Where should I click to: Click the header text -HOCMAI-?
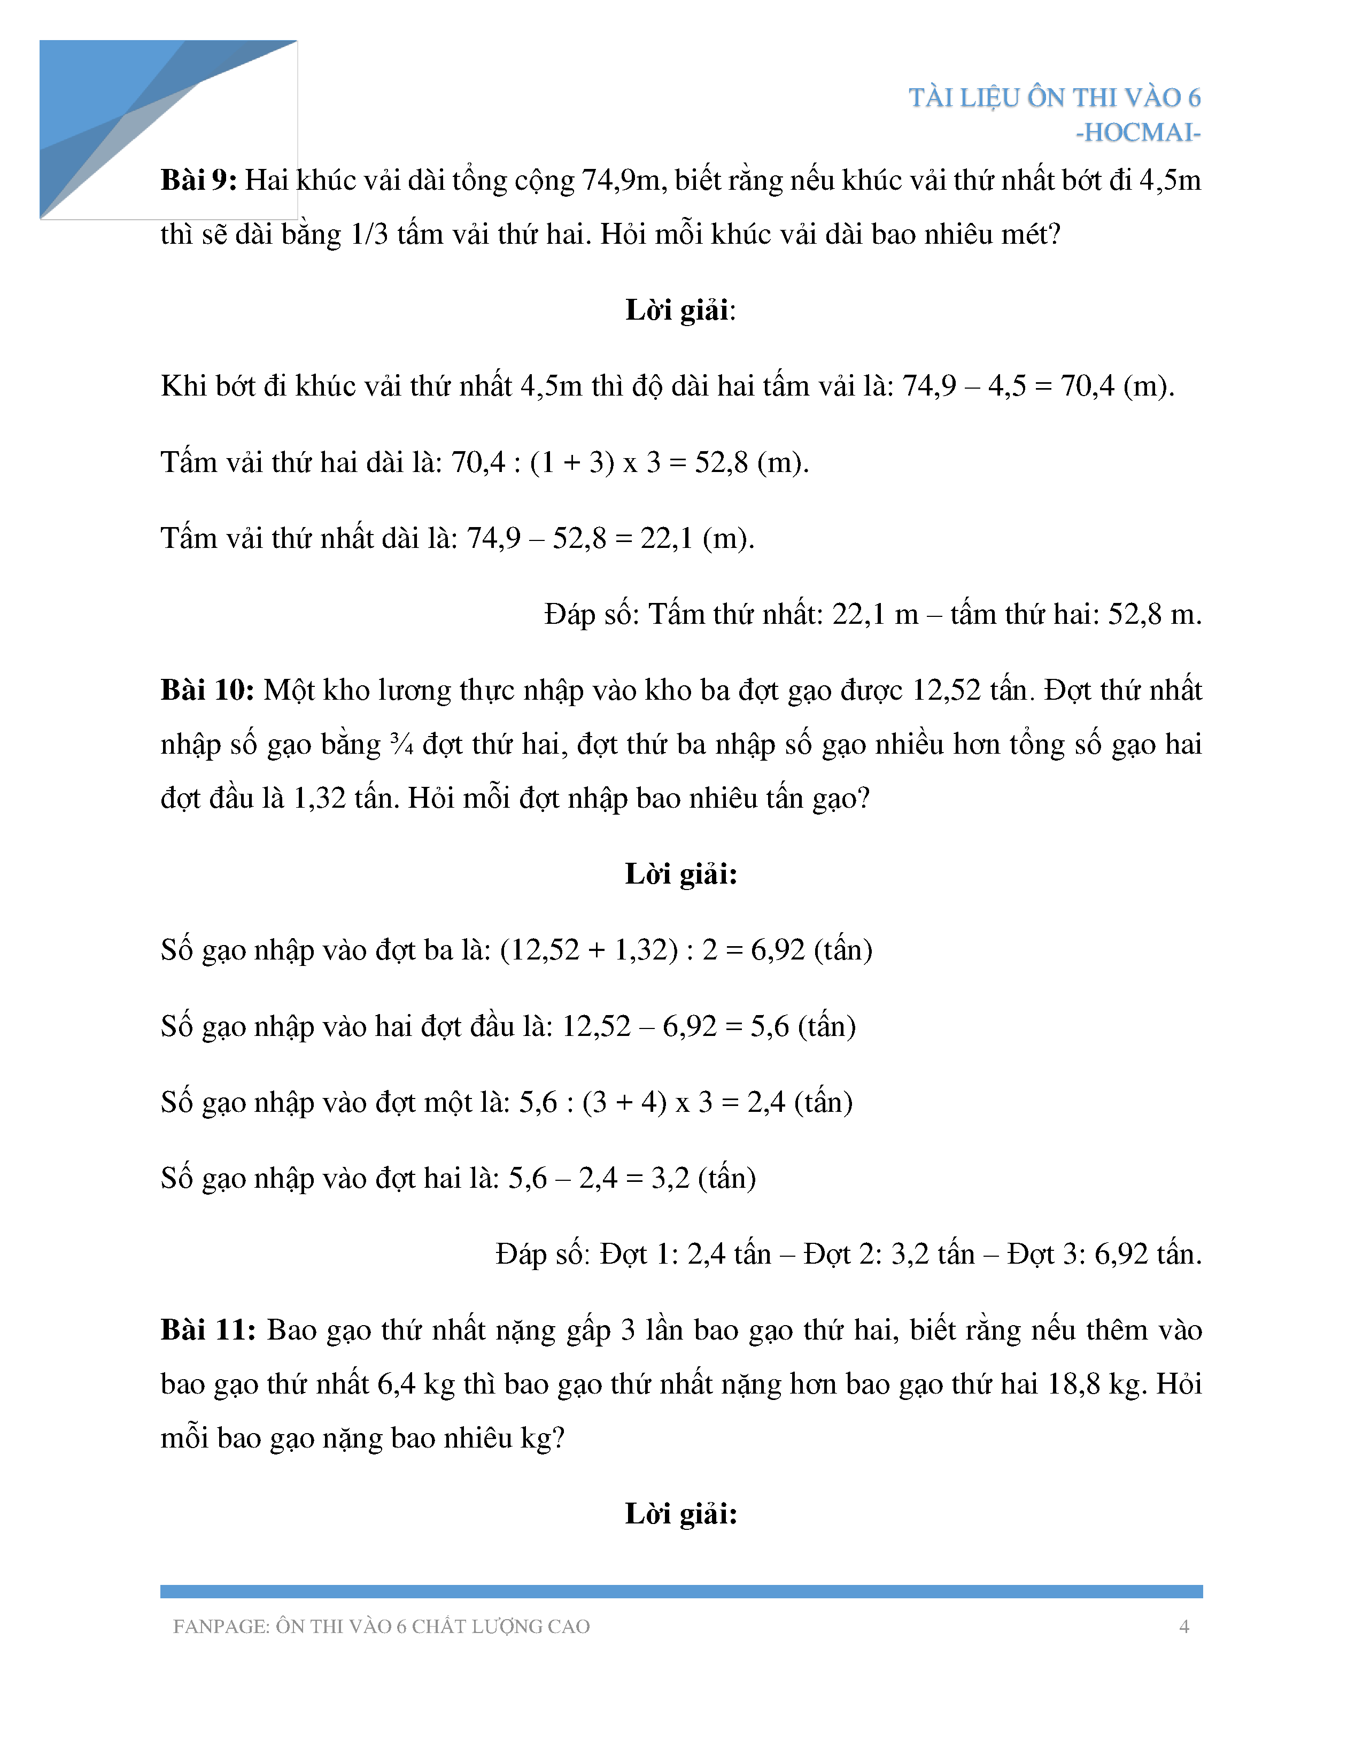pyautogui.click(x=1138, y=133)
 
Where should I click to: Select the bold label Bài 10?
pyautogui.click(x=207, y=691)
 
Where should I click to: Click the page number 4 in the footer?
pyautogui.click(x=1184, y=1626)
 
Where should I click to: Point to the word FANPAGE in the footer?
pyautogui.click(x=220, y=1627)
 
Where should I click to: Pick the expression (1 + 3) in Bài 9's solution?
pyautogui.click(x=572, y=463)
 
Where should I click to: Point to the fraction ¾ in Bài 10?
pyautogui.click(x=401, y=745)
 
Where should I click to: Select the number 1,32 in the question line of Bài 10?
pyautogui.click(x=319, y=799)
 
